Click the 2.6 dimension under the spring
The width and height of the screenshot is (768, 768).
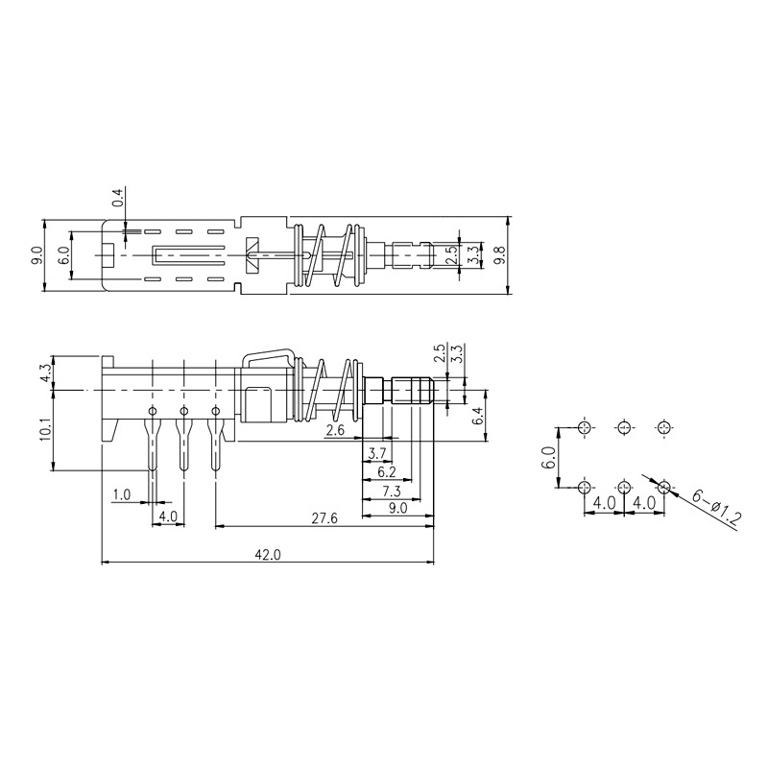[335, 432]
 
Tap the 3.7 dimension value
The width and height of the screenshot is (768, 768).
[377, 452]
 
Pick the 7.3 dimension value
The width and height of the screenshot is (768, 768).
[391, 491]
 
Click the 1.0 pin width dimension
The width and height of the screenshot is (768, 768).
[122, 494]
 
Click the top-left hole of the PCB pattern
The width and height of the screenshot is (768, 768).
[585, 427]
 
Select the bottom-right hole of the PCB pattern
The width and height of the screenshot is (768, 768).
[662, 487]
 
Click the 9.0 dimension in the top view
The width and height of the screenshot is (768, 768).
[37, 255]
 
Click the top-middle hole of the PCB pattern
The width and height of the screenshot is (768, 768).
[624, 427]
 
